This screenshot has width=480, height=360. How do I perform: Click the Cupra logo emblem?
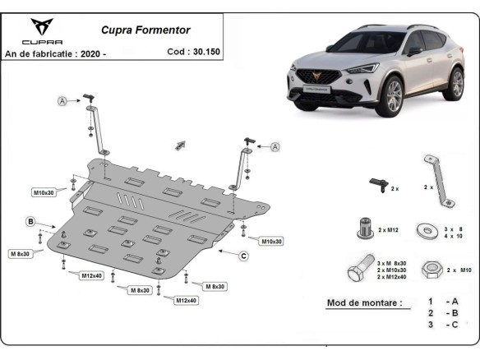[x=39, y=25]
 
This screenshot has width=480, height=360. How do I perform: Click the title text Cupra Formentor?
[x=145, y=30]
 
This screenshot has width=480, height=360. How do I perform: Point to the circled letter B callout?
[x=30, y=221]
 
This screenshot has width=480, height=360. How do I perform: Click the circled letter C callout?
[x=243, y=256]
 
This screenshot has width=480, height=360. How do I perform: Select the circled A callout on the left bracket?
[x=62, y=101]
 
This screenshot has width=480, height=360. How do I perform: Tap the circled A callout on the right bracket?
[x=275, y=146]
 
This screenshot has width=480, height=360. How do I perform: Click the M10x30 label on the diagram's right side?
[x=271, y=241]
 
